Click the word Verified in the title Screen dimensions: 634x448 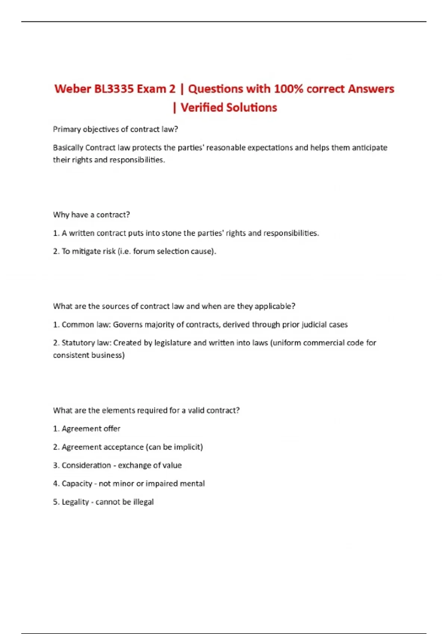pyautogui.click(x=202, y=107)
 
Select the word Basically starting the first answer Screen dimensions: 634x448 pyautogui.click(x=68, y=148)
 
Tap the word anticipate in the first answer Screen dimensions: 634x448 pyautogui.click(x=370, y=148)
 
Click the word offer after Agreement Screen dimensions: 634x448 pyautogui.click(x=112, y=429)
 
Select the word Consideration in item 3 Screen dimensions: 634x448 pyautogui.click(x=86, y=465)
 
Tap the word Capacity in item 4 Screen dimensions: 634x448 pyautogui.click(x=77, y=483)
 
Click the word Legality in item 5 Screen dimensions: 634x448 pyautogui.click(x=75, y=502)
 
